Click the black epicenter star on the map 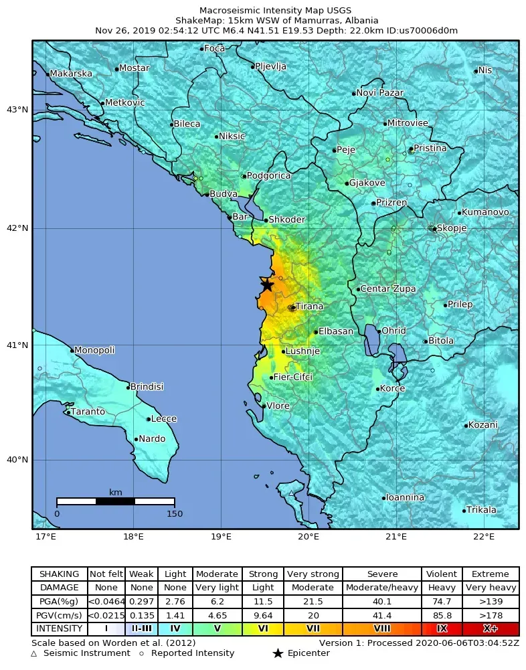click(x=267, y=284)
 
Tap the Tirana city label click(x=309, y=307)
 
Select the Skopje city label click(x=452, y=228)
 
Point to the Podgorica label click(x=268, y=176)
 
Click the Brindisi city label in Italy click(x=147, y=387)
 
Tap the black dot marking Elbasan click(x=316, y=332)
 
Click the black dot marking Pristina click(x=411, y=149)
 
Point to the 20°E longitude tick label click(x=309, y=537)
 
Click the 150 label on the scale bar click(x=174, y=514)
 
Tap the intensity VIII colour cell click(x=382, y=629)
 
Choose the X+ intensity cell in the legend click(x=491, y=629)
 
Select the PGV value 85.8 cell click(x=442, y=615)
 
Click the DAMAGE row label click(x=59, y=588)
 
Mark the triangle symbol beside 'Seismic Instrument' click(x=34, y=653)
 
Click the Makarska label click(x=71, y=74)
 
